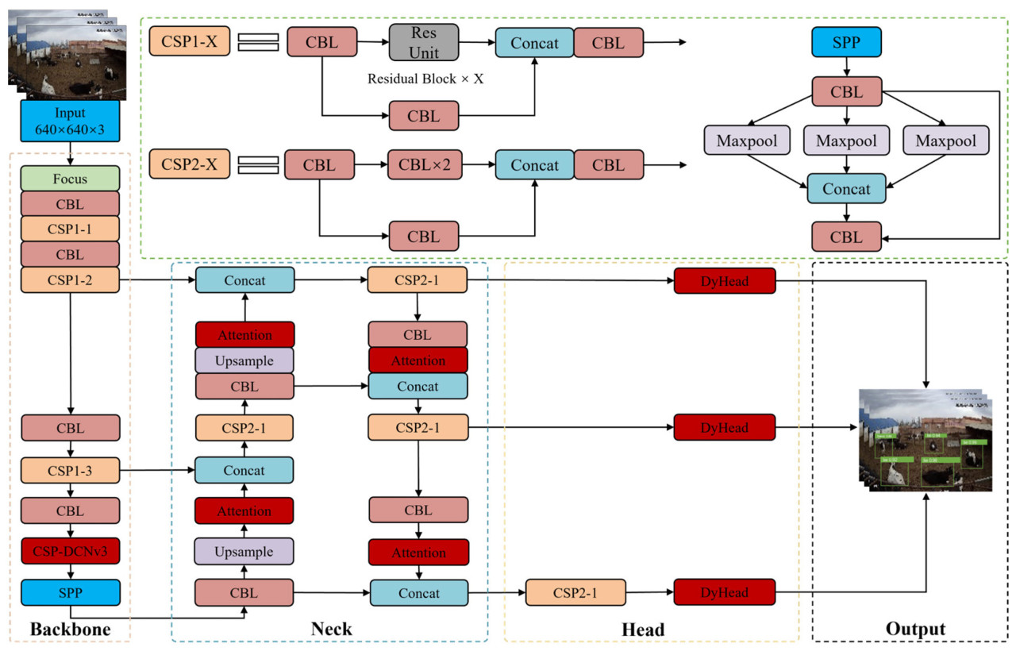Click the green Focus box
tap(70, 178)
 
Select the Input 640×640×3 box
tap(70, 121)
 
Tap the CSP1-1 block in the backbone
tap(70, 229)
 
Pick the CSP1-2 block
tap(70, 279)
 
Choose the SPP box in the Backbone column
tap(70, 592)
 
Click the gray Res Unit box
tap(424, 41)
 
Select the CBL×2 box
tap(424, 166)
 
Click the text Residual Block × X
tap(425, 79)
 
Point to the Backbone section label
tap(70, 630)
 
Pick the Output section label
tap(915, 630)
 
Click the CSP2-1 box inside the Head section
tap(575, 592)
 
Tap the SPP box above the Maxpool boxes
tap(846, 41)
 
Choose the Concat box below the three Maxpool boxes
tap(846, 190)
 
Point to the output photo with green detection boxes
tap(925, 441)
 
